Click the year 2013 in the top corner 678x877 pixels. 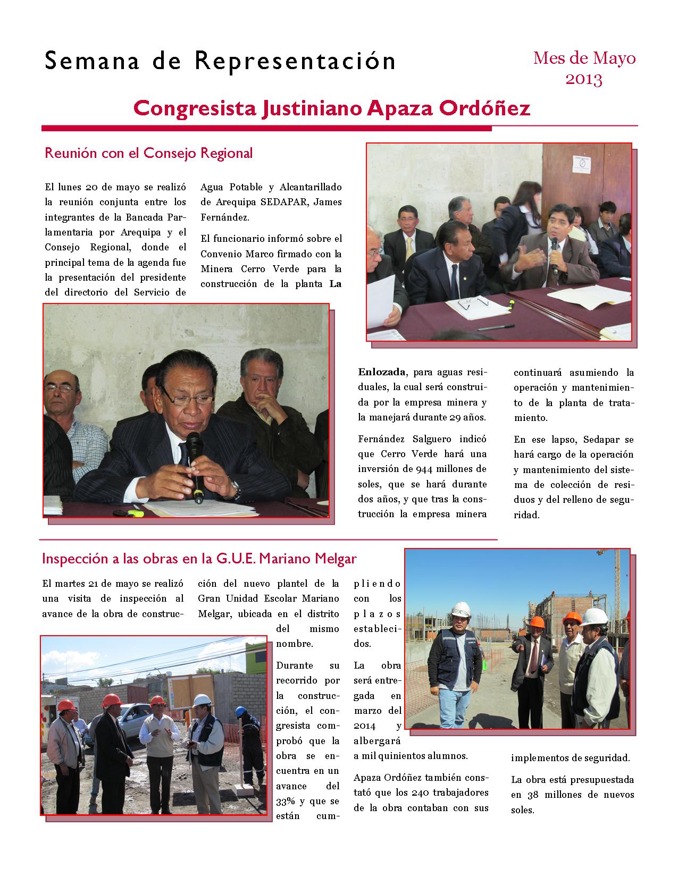coord(584,79)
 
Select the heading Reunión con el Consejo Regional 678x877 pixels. coord(148,153)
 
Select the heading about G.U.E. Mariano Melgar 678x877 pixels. coord(199,559)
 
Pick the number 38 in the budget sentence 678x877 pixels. coord(532,795)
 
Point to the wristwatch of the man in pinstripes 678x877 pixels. coord(234,487)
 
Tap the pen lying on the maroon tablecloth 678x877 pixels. coord(495,327)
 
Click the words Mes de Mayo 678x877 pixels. coord(584,58)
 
